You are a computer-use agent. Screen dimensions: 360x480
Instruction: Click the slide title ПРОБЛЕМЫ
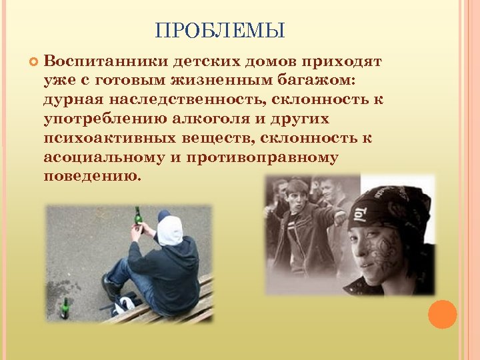(x=220, y=31)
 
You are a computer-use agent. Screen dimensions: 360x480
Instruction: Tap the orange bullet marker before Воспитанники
(x=31, y=63)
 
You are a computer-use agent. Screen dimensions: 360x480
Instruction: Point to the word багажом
(x=319, y=81)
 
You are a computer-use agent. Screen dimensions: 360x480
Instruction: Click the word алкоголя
(x=229, y=120)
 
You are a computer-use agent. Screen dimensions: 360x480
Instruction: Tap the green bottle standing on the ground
(x=65, y=309)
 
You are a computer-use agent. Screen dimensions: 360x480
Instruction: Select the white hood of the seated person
(x=170, y=231)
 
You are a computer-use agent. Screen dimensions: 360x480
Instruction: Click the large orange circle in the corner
(x=442, y=314)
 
